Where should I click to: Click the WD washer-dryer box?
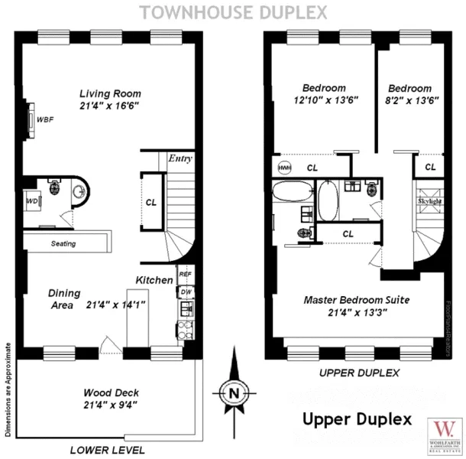32,201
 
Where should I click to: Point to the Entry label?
180,159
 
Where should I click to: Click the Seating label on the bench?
63,243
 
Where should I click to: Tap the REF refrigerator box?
184,274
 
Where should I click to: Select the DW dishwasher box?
184,292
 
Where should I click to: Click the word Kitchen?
154,280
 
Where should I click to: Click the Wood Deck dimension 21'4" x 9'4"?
111,405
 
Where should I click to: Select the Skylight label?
430,201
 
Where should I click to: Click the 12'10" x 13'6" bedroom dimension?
324,99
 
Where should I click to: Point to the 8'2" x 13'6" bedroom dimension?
413,99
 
